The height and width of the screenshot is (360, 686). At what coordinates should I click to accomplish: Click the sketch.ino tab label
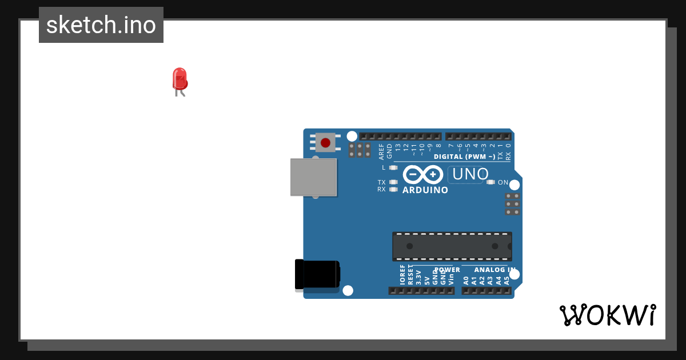(101, 25)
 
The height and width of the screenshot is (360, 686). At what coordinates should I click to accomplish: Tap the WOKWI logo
(607, 315)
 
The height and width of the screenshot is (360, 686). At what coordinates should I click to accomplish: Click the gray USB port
(313, 177)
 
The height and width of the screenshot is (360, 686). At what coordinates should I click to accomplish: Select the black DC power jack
(317, 274)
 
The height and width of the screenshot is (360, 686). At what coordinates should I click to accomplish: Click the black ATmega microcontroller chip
(452, 246)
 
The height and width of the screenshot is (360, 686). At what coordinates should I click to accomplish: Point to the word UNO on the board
(470, 174)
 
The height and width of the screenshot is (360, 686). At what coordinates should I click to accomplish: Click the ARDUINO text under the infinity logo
(425, 190)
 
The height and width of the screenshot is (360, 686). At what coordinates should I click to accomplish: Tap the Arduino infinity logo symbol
(423, 174)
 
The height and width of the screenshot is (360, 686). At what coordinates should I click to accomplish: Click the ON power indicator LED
(490, 182)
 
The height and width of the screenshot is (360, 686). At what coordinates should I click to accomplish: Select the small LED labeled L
(393, 167)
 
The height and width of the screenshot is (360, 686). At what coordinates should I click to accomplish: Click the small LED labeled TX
(393, 182)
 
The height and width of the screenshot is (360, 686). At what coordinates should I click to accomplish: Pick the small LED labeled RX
(393, 189)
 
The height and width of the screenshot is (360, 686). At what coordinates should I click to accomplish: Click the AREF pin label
(381, 151)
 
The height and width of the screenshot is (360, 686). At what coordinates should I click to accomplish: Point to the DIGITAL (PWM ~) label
(464, 157)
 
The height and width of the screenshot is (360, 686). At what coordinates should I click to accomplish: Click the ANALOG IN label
(494, 270)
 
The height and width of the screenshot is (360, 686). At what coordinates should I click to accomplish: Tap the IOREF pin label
(402, 275)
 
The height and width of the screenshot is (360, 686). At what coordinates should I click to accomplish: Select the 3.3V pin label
(418, 277)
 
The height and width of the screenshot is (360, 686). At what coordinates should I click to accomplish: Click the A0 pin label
(466, 280)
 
